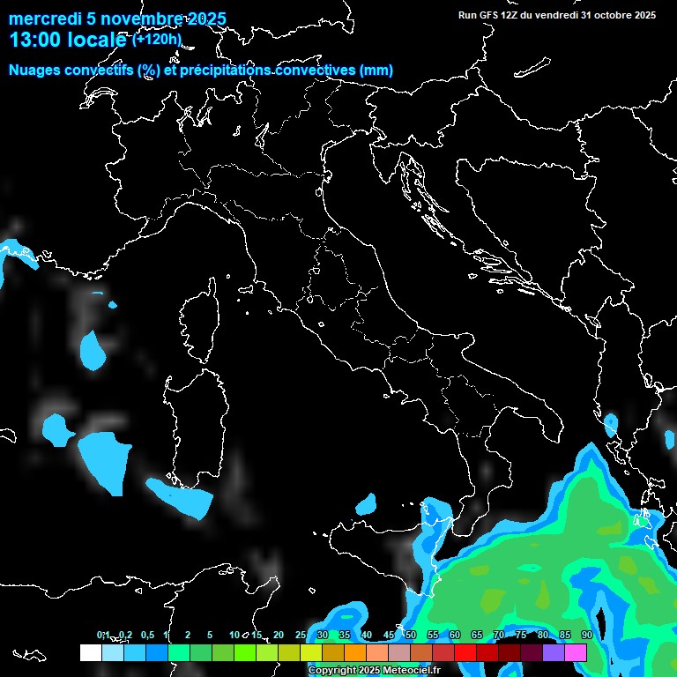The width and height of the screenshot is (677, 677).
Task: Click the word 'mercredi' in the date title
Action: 40,19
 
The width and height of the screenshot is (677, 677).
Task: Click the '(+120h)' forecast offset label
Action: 156,39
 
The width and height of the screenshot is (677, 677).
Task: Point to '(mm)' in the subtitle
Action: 376,71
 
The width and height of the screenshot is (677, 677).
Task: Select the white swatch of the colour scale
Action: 90,652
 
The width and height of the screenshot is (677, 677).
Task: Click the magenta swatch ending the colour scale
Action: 576,652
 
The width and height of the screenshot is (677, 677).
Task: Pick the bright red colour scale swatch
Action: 465,652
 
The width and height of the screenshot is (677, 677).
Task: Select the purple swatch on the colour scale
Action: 554,652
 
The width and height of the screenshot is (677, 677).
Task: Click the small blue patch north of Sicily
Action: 367,505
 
